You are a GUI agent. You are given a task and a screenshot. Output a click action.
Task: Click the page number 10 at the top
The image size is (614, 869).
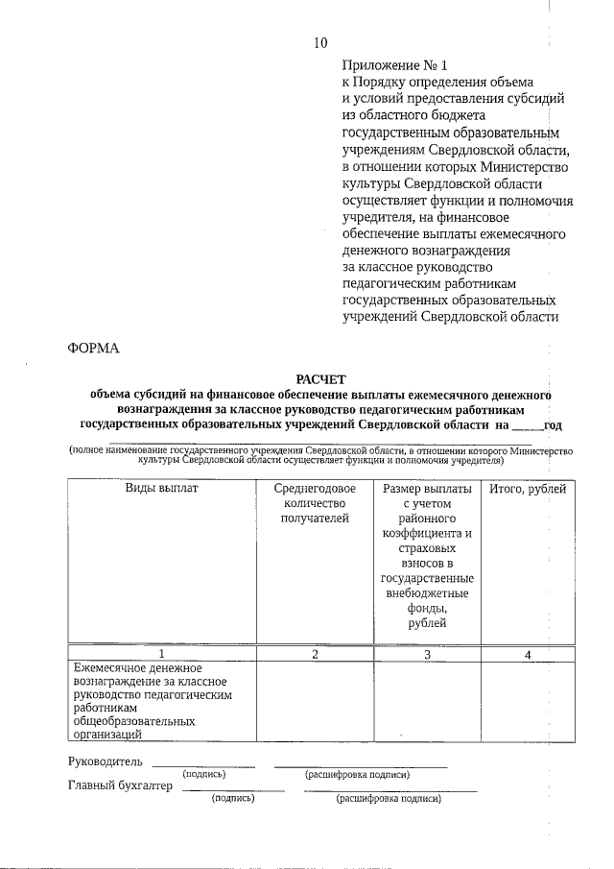click(320, 43)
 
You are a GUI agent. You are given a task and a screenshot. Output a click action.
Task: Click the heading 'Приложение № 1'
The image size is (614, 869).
click(395, 65)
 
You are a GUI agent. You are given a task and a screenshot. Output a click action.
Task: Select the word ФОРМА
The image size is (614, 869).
click(94, 349)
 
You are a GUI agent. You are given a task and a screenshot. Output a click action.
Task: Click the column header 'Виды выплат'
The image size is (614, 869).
click(161, 489)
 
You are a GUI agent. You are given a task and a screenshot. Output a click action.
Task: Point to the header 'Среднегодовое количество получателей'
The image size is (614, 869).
click(314, 504)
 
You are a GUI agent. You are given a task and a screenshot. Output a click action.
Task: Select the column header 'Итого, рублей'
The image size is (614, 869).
click(528, 489)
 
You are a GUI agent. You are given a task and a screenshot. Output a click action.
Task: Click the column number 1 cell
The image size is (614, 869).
click(161, 654)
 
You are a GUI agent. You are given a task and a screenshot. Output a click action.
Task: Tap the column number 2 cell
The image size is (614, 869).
click(314, 654)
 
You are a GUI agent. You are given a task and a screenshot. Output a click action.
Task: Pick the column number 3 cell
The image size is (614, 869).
click(427, 654)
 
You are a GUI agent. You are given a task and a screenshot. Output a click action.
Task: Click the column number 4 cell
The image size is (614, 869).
click(528, 654)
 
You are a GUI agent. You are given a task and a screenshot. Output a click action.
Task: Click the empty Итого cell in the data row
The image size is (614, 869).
click(528, 701)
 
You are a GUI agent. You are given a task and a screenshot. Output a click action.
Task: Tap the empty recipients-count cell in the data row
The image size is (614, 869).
click(314, 701)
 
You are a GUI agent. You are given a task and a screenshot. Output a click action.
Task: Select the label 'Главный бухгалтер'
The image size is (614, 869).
click(120, 785)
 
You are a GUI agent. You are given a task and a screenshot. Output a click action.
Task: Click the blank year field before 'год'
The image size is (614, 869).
click(528, 422)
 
